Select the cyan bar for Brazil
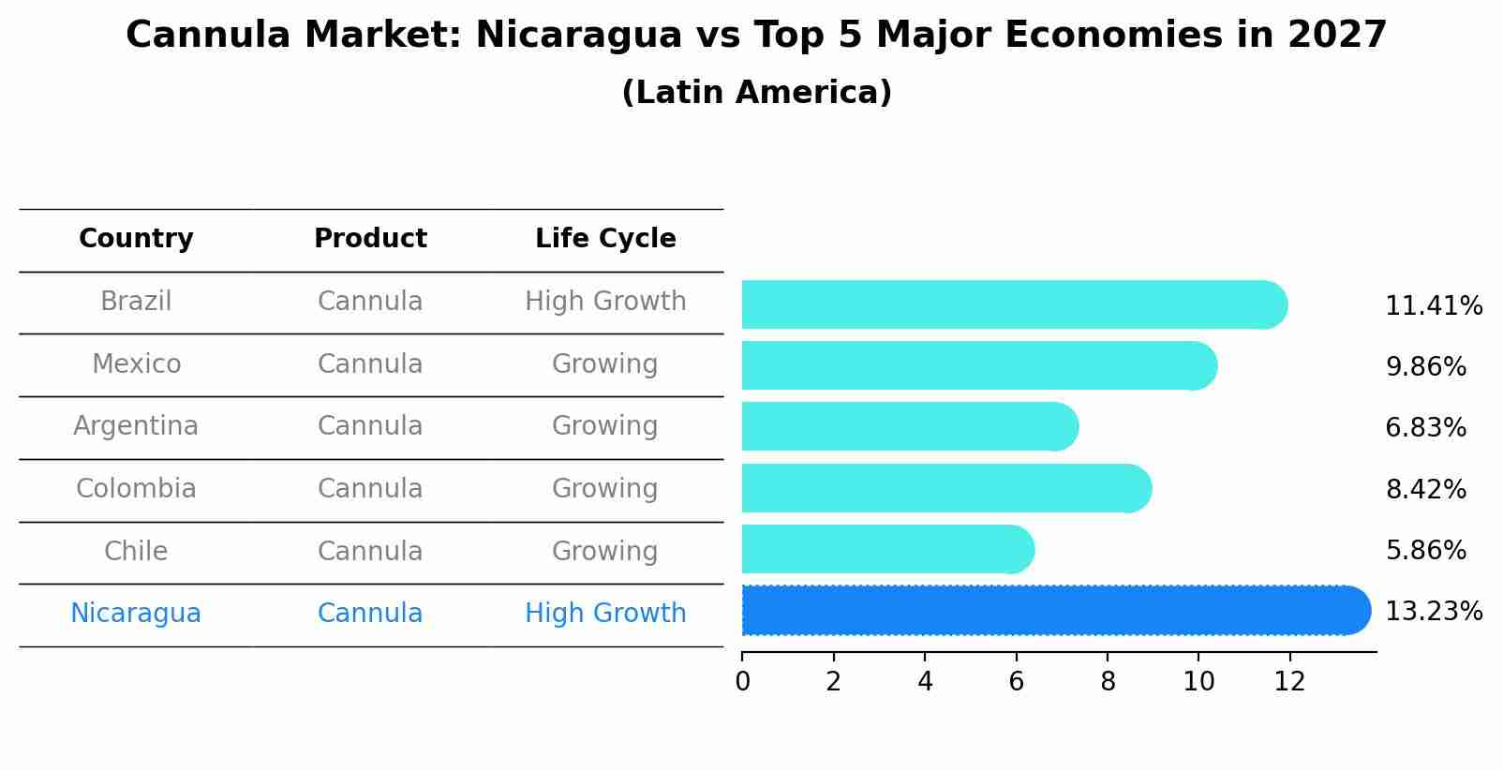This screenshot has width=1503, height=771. point(1012,304)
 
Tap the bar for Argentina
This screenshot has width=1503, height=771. point(909,427)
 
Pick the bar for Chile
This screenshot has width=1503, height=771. point(886,549)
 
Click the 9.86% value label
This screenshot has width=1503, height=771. point(1425,367)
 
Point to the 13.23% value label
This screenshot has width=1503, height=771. point(1433,612)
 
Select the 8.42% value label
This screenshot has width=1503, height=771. point(1425,490)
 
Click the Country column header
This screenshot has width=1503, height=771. point(136,239)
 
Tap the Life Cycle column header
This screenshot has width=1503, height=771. point(605,239)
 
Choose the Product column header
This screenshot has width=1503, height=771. point(370,239)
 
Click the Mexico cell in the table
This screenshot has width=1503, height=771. point(136,364)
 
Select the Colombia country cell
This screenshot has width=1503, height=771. point(136,489)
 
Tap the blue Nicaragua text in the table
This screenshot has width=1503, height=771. point(136,614)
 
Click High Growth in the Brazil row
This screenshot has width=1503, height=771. point(605,302)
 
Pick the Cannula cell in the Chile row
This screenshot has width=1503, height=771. point(370,552)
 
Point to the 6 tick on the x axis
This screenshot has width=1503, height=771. point(1016,682)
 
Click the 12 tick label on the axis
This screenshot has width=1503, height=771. point(1289,682)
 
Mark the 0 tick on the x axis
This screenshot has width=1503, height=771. point(742,682)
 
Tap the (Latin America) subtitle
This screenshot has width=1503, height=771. point(756,93)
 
